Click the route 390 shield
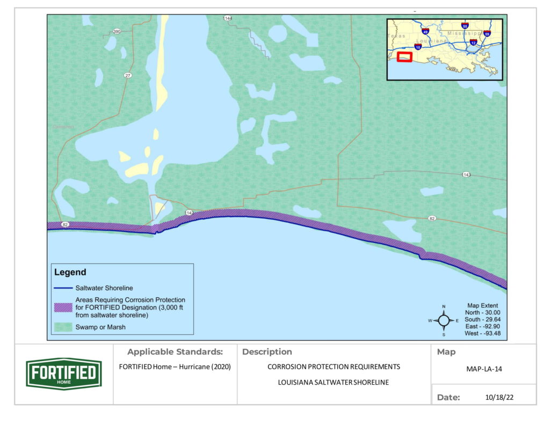(117, 32)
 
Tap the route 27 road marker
(127, 76)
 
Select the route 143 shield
(467, 175)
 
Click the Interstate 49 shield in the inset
(425, 32)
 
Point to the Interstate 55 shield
(465, 26)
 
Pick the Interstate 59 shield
(487, 33)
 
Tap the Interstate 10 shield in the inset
(417, 47)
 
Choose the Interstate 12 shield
(473, 42)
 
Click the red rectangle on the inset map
(404, 57)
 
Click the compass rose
(444, 320)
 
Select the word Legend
(70, 272)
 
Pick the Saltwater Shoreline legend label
(104, 288)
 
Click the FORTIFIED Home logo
(64, 373)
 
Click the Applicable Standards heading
(175, 352)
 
